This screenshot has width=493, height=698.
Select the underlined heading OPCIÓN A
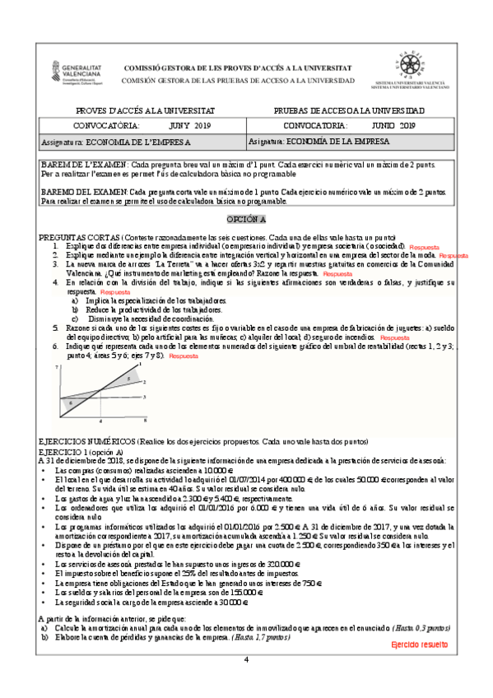coord(246,220)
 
